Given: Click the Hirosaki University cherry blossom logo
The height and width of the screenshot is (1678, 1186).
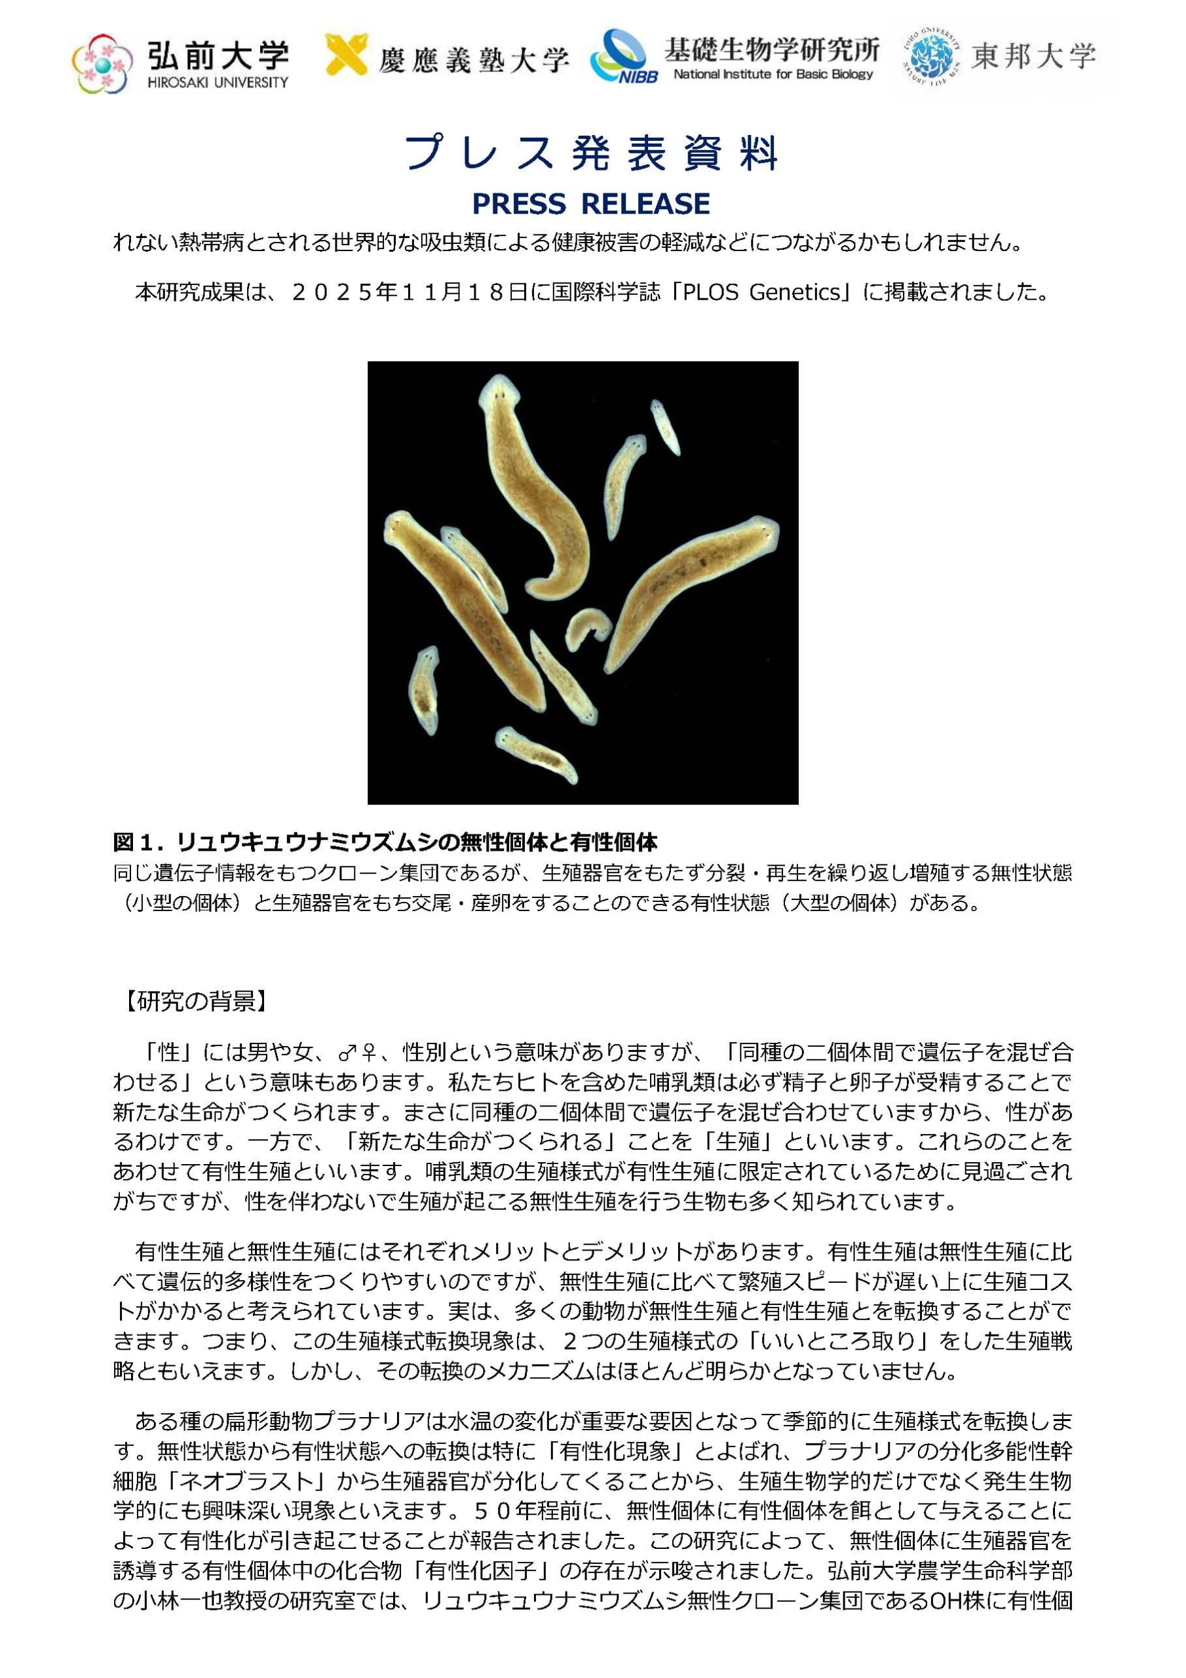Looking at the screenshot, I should point(103,63).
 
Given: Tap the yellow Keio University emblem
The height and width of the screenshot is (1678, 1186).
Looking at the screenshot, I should point(345,54).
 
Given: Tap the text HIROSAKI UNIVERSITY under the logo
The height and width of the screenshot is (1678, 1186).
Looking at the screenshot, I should point(218,83).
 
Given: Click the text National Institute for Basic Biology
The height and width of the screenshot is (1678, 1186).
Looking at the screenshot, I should point(773,74).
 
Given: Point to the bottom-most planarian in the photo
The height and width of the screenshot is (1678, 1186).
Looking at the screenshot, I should point(535,754).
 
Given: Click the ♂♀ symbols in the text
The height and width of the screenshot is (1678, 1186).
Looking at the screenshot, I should point(357,1053).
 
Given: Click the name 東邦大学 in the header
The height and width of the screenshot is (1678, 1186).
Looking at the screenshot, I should point(1033,56).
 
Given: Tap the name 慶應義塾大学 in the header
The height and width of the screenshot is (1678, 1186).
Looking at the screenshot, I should point(474,59).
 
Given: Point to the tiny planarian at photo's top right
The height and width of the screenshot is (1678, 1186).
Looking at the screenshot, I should point(666,427).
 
